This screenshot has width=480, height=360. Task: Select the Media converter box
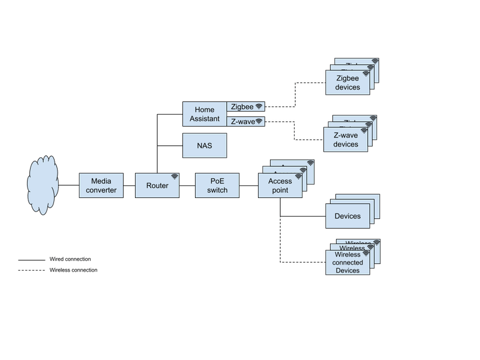pyautogui.click(x=101, y=185)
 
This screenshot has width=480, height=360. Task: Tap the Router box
pyautogui.click(x=157, y=185)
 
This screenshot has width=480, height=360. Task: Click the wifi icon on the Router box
pyautogui.click(x=175, y=177)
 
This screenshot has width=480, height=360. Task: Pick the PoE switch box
pyautogui.click(x=217, y=185)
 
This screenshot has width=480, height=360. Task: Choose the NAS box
pyautogui.click(x=204, y=146)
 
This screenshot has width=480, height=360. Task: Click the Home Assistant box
pyautogui.click(x=205, y=114)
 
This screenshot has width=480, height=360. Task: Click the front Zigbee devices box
pyautogui.click(x=347, y=83)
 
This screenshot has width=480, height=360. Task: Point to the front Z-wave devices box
pyautogui.click(x=346, y=140)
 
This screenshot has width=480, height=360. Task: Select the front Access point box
pyautogui.click(x=280, y=185)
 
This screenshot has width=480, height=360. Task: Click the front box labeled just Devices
pyautogui.click(x=347, y=216)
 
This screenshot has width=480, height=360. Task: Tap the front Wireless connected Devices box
pyautogui.click(x=347, y=262)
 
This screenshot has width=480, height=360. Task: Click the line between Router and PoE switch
pyautogui.click(x=187, y=185)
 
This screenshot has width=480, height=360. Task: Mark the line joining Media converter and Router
pyautogui.click(x=129, y=185)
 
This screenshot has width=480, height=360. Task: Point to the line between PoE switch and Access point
pyautogui.click(x=249, y=185)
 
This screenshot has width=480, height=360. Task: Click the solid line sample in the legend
pyautogui.click(x=33, y=260)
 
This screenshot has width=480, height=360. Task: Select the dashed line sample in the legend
pyautogui.click(x=33, y=271)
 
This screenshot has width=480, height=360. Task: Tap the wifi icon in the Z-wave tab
pyautogui.click(x=259, y=121)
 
